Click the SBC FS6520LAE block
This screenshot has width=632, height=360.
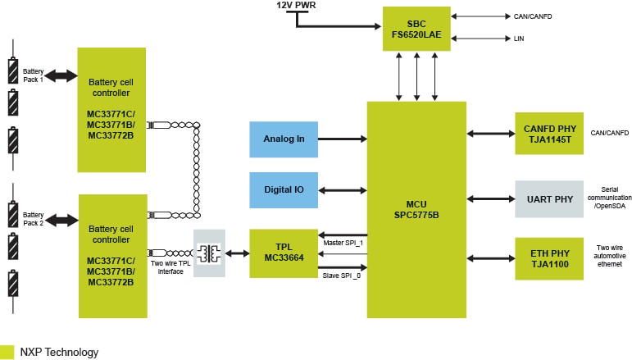point(416,30)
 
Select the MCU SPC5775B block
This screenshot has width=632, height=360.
point(416,209)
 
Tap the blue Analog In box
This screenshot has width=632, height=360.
point(284,139)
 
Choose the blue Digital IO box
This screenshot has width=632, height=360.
point(284,189)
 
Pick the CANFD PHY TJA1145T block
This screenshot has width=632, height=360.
point(549,134)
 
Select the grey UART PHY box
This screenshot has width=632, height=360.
point(549,198)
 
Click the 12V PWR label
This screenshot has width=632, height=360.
point(297,6)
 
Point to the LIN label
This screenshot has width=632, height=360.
point(519,39)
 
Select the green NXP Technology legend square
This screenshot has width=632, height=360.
point(7,352)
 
